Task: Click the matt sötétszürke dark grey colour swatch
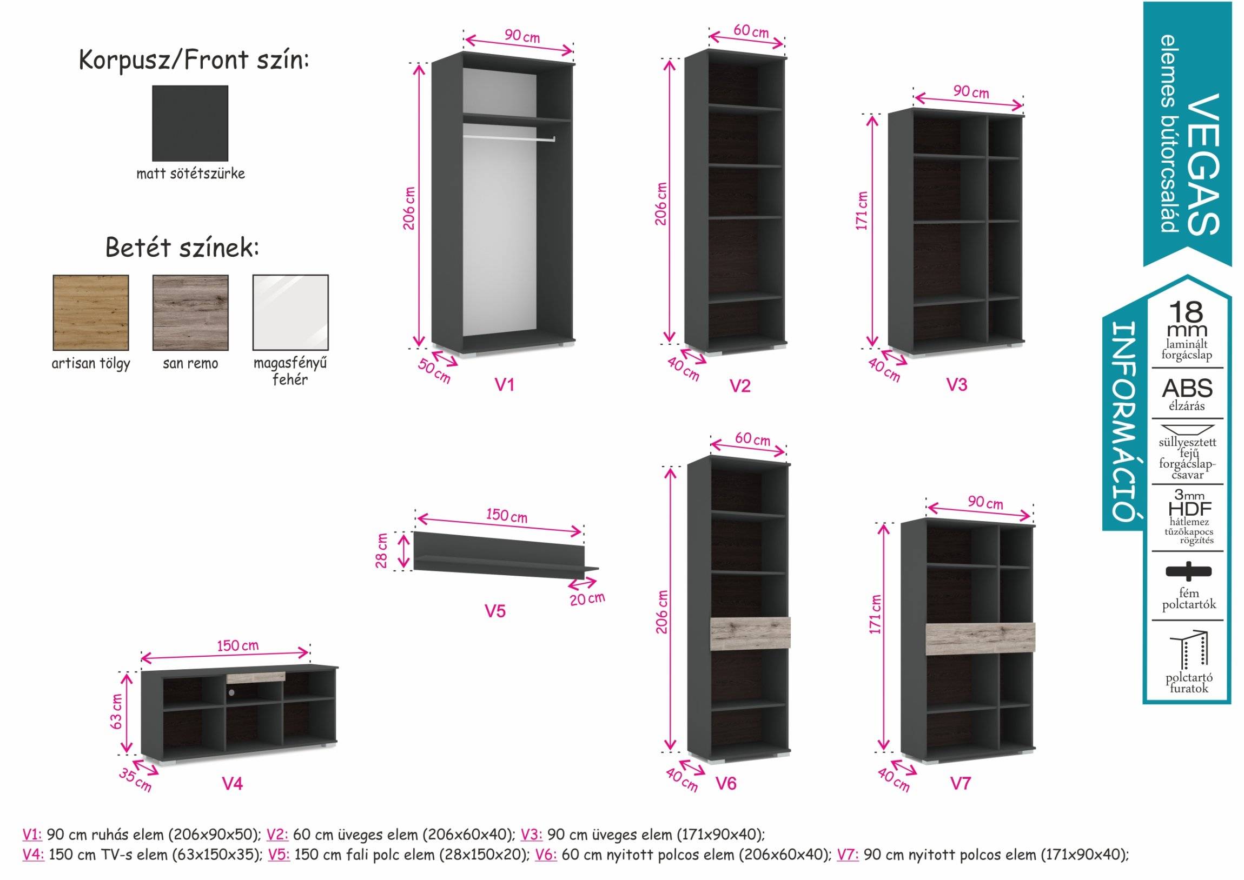190,123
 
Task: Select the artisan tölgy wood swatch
90,312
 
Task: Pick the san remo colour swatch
190,312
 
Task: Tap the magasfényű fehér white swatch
290,312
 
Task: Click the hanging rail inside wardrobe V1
509,139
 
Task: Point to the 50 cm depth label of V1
434,371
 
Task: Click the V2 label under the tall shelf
740,386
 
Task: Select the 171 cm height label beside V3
862,211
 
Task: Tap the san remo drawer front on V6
750,633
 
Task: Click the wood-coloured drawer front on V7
980,639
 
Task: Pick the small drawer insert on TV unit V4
256,677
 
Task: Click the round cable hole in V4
231,692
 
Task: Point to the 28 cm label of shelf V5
382,551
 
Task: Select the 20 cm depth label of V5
587,599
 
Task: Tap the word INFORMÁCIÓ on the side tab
1124,421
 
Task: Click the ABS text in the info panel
1187,389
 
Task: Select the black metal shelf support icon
1188,571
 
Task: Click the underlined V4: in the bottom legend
33,855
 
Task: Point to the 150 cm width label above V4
238,645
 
